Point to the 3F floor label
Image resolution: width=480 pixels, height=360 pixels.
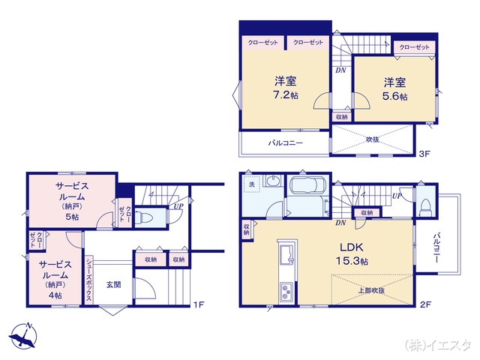click(424, 154)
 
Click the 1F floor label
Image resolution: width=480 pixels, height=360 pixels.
click(198, 304)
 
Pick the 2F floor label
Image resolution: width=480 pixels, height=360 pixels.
click(424, 304)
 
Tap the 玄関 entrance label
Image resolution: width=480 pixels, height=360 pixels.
click(113, 283)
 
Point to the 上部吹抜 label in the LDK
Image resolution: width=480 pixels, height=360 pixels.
click(371, 290)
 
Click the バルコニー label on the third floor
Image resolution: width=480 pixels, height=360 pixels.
click(286, 142)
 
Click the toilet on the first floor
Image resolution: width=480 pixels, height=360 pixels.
click(147, 217)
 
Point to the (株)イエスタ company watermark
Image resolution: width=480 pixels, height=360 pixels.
click(438, 345)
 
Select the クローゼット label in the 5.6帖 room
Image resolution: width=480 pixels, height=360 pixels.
click(415, 47)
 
